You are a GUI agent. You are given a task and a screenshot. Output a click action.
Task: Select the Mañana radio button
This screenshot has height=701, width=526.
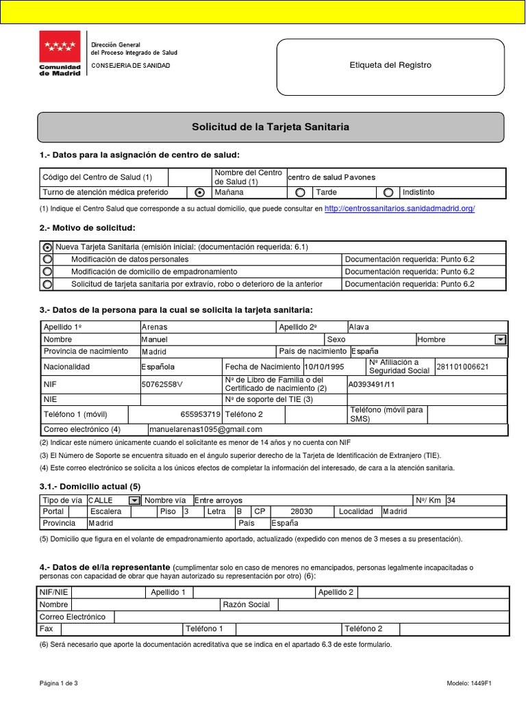(x=199, y=192)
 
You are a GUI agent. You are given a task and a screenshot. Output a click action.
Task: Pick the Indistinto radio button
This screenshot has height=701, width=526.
(x=388, y=192)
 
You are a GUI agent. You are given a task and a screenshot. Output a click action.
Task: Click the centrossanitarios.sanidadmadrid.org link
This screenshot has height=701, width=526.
(x=399, y=209)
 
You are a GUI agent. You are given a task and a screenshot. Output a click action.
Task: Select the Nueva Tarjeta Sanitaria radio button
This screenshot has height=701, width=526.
(x=47, y=247)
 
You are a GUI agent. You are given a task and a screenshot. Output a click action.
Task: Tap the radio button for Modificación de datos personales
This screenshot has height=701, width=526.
(x=47, y=259)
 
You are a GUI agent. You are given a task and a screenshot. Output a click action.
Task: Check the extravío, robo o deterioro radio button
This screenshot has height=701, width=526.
(x=47, y=284)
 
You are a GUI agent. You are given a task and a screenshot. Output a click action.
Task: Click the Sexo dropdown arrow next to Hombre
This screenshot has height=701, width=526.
(x=500, y=340)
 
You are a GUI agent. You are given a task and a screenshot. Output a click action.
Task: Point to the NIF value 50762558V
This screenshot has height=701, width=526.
(x=162, y=385)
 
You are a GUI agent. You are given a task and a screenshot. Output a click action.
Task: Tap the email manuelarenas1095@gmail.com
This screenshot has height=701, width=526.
(x=206, y=429)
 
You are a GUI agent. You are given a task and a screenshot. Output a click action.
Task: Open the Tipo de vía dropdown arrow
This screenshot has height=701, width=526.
(x=134, y=500)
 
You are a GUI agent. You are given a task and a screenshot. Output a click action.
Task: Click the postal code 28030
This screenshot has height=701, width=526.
(x=301, y=511)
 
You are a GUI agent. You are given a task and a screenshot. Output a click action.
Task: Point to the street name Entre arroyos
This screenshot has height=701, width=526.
(x=218, y=500)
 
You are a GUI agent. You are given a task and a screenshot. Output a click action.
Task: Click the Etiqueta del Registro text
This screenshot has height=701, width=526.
(x=390, y=65)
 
